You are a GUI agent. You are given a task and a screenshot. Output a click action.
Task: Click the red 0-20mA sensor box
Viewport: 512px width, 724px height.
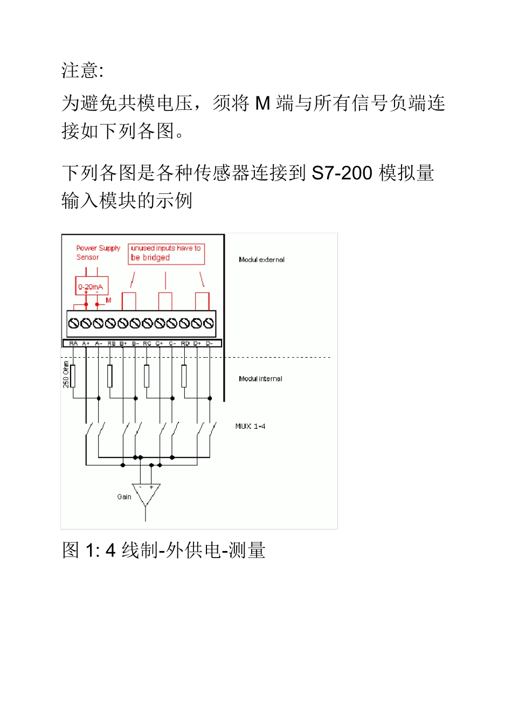click(91, 287)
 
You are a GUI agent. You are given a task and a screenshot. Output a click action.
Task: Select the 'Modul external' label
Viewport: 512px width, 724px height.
click(261, 260)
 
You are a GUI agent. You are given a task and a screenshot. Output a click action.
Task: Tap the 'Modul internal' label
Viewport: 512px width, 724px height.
click(260, 379)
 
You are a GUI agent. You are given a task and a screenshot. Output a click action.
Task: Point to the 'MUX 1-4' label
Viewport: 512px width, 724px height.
click(250, 426)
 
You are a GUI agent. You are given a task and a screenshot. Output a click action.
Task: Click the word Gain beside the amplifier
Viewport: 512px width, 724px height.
click(124, 497)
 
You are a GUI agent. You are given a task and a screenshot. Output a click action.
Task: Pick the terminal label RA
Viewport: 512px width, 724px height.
click(73, 343)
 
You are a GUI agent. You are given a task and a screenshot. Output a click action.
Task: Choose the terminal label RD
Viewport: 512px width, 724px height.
click(185, 343)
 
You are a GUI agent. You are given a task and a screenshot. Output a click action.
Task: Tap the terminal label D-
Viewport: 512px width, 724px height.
click(209, 343)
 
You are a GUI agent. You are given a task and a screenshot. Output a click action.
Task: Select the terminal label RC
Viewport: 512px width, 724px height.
click(147, 343)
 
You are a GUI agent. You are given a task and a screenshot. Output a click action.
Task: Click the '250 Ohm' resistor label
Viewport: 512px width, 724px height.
click(66, 374)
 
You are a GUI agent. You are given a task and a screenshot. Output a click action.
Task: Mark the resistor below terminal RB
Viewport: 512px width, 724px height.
click(110, 376)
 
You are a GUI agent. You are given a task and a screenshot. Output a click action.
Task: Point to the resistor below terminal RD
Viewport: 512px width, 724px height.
click(184, 376)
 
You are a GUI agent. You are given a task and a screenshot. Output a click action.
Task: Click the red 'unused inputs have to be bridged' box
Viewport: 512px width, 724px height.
click(166, 254)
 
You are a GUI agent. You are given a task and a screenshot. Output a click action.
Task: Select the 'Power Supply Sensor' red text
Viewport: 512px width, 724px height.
click(98, 253)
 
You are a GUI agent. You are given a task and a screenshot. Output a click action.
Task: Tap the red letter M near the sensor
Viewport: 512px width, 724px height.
click(108, 301)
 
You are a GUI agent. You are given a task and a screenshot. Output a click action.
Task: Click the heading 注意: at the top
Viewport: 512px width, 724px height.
click(82, 71)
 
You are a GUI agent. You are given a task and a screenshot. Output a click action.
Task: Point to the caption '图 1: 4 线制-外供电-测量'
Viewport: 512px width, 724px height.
click(163, 550)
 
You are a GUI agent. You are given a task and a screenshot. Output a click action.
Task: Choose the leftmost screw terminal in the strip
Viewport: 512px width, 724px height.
click(74, 323)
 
